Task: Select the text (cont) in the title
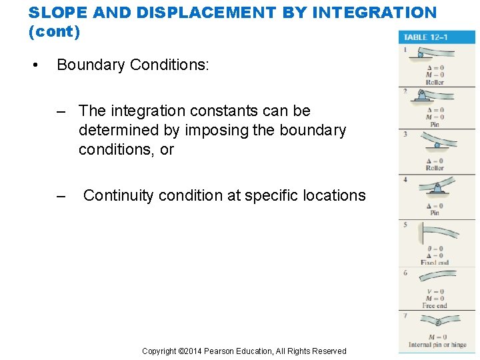pos(59,30)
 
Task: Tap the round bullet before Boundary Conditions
pos(35,65)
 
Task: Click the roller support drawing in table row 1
pos(432,55)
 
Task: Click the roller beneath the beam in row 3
pos(437,145)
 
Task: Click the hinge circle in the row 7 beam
pos(437,322)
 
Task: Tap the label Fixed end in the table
pos(434,263)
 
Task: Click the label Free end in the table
pos(434,306)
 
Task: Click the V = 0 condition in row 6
pos(434,291)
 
